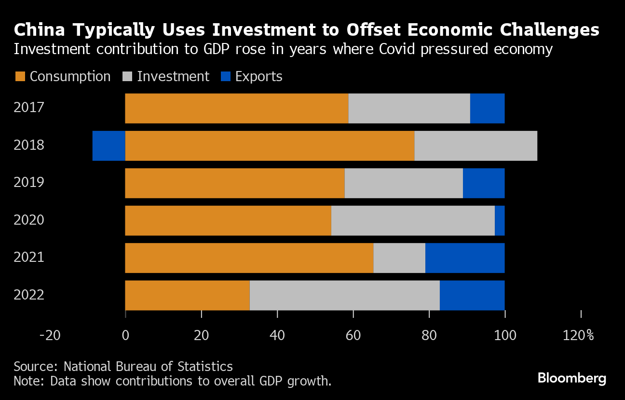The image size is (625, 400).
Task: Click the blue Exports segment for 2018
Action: pos(109,145)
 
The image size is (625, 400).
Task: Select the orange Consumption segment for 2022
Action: pos(187,295)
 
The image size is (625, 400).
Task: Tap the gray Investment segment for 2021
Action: pos(399,258)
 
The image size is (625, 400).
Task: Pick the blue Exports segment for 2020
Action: pos(500,220)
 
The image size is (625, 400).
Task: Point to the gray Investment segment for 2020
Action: pos(413,220)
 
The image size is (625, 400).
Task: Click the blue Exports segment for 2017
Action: pos(487,108)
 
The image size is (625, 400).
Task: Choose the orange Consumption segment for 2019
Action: pos(235,183)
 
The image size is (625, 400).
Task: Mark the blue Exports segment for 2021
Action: pos(465,258)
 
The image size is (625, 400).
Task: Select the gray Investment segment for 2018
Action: pos(476,145)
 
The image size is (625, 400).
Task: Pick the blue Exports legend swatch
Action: pos(225,76)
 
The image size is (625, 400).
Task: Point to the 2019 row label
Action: pos(29,183)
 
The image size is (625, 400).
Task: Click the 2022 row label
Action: pos(29,295)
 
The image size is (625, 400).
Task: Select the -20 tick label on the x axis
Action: pos(50,335)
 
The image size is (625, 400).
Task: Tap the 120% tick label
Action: pos(578,335)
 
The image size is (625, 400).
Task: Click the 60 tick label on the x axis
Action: pos(353,335)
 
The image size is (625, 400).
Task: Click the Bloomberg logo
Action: pos(571,378)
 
